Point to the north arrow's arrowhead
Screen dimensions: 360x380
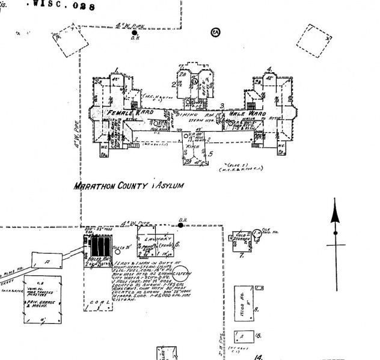click(x=335, y=213)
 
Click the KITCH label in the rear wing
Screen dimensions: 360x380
click(x=194, y=146)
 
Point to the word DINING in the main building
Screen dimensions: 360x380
click(x=188, y=114)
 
